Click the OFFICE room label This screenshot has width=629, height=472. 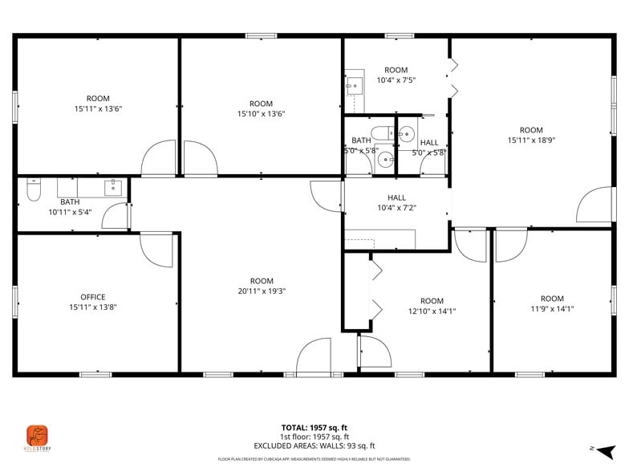click(92, 297)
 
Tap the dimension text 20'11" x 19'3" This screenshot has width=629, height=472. click(262, 291)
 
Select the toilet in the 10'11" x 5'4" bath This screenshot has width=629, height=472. click(34, 191)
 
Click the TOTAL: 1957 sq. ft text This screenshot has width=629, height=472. click(314, 428)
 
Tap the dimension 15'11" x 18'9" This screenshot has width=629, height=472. click(531, 140)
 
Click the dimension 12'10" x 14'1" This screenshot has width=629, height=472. click(432, 311)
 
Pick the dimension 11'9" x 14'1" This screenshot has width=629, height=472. click(552, 309)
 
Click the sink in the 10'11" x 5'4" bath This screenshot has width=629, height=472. click(112, 189)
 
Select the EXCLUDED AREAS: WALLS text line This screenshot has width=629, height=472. click(314, 446)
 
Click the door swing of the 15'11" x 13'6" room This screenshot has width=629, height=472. click(159, 158)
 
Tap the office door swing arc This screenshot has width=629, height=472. click(156, 249)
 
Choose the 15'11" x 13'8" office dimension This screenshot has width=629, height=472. click(92, 307)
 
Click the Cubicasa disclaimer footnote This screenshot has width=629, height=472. click(314, 459)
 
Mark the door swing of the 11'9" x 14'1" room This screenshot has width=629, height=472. click(510, 245)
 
